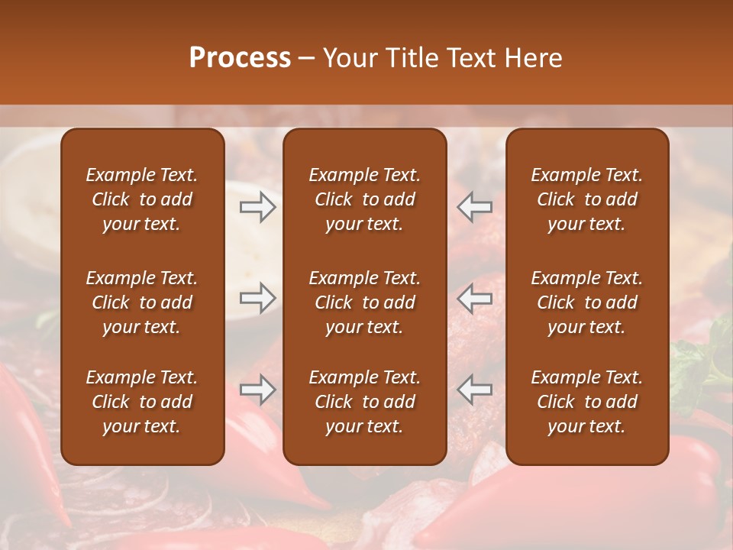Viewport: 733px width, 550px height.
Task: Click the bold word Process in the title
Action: point(240,58)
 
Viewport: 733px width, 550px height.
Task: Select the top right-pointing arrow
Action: point(258,206)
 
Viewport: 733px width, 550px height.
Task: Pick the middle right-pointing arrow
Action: point(258,298)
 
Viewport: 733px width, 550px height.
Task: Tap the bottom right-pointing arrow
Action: point(258,390)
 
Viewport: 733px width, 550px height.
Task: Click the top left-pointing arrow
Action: point(475,206)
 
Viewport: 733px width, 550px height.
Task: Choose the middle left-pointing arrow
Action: point(475,298)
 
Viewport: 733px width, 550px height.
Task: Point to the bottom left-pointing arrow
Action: point(475,390)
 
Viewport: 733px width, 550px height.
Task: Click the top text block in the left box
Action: point(142,199)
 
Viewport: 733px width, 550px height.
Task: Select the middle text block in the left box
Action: point(142,302)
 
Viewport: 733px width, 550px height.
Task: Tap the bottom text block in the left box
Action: point(142,402)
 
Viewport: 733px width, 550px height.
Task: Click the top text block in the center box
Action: point(364,199)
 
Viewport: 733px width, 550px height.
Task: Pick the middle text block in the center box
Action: point(364,302)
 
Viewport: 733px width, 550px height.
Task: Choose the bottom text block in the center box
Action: point(364,402)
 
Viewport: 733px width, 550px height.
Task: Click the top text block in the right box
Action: point(586,199)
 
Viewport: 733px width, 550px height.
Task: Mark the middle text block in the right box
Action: point(586,302)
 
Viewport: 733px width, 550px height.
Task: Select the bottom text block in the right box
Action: point(586,402)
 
